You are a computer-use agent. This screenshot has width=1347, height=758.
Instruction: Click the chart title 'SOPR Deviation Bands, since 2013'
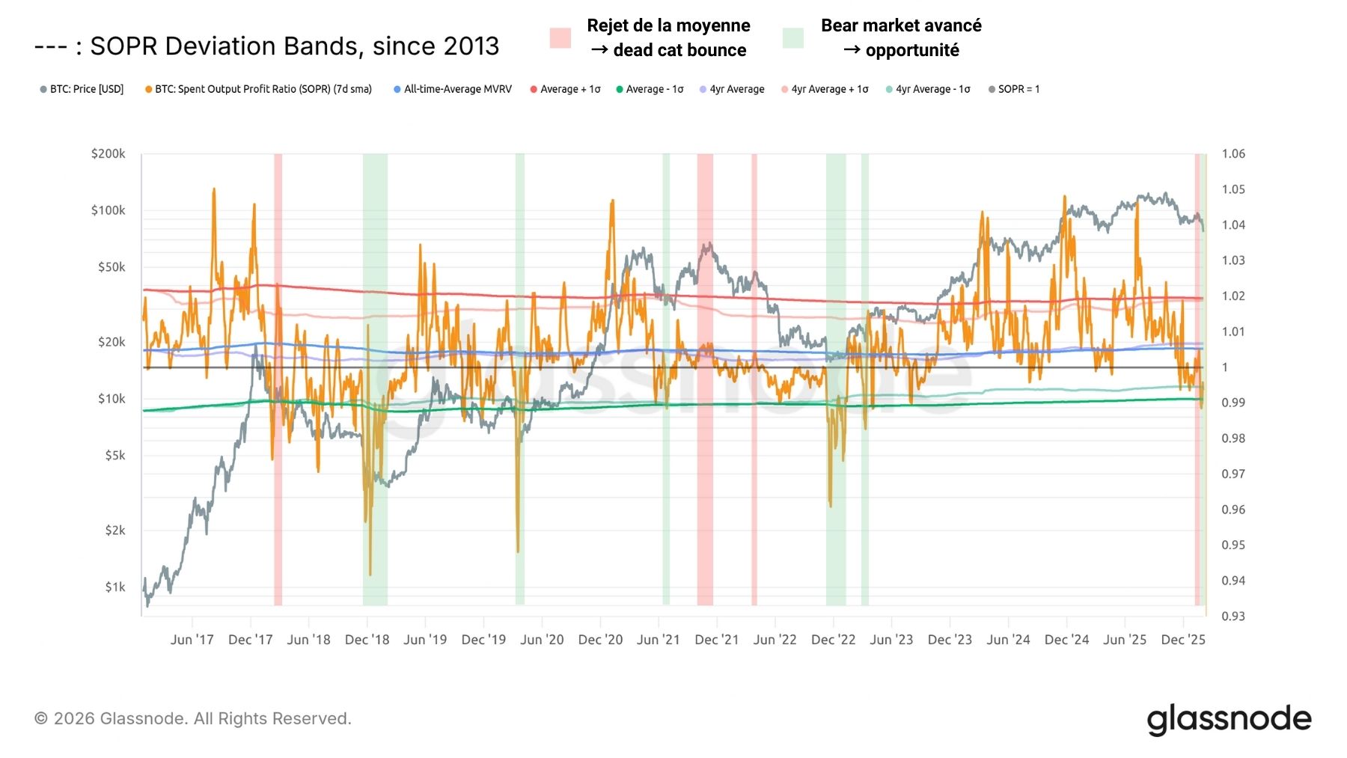pos(294,46)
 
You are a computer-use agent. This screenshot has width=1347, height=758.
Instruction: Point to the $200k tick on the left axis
pos(108,154)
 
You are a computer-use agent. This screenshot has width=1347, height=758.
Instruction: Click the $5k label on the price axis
pos(114,456)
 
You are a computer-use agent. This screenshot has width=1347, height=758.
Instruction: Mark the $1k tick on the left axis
pos(114,587)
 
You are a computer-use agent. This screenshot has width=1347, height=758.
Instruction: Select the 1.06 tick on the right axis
pos(1233,154)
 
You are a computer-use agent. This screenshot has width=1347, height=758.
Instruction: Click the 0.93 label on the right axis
pos(1233,617)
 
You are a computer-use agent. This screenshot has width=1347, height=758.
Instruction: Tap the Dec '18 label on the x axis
pos(367,640)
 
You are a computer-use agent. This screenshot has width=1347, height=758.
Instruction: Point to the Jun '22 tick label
pos(775,640)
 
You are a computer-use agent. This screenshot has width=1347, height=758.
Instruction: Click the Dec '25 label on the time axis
pos(1182,640)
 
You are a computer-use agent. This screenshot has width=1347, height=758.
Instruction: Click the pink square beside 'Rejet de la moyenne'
pos(561,38)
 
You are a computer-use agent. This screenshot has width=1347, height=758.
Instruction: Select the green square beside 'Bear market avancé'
pos(793,38)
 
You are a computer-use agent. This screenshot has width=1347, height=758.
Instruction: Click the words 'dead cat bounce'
pos(679,50)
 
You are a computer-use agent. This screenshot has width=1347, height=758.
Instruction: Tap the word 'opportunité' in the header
pos(912,50)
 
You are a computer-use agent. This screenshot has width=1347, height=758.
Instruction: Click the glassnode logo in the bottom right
pos(1229,719)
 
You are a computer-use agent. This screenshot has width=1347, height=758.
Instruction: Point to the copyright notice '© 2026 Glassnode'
pos(192,719)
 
